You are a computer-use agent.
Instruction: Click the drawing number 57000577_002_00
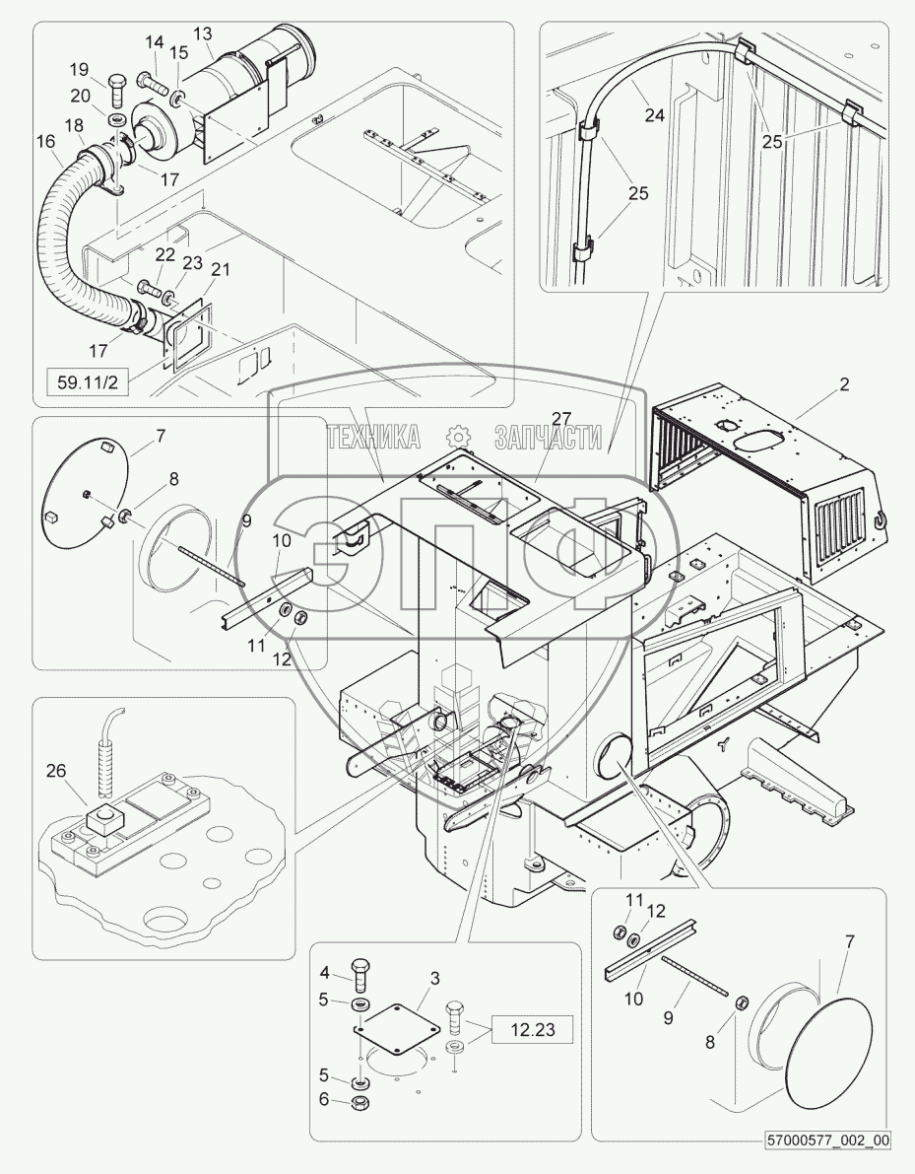829,1140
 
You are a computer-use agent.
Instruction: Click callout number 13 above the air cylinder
202,35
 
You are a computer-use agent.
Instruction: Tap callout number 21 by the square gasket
221,270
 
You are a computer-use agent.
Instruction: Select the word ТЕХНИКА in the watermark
374,438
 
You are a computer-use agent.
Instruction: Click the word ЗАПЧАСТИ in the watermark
548,438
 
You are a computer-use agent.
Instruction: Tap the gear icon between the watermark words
456,438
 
